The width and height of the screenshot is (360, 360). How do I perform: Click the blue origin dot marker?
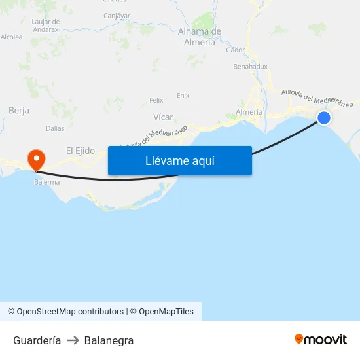(323, 118)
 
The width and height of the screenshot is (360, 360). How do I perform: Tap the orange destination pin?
(35, 158)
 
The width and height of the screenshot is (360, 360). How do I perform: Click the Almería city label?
(249, 112)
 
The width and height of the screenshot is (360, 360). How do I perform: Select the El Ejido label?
(80, 151)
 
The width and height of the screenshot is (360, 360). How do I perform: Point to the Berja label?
(19, 111)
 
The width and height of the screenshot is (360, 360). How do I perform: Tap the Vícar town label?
(163, 117)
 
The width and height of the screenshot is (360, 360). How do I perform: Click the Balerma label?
(46, 182)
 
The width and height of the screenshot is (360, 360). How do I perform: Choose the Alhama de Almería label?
(200, 37)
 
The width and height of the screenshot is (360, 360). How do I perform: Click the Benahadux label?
(251, 67)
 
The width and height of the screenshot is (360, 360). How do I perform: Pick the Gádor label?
(235, 50)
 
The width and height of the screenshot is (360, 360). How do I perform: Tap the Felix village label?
(156, 100)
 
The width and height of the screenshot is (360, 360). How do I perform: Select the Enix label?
(183, 95)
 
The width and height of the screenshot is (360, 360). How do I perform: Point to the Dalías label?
(55, 128)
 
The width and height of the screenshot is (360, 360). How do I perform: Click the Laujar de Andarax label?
(46, 26)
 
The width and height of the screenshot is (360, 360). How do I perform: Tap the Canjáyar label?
(117, 15)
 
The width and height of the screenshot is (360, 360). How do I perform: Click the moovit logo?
(320, 340)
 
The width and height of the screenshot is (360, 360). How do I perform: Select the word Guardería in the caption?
(37, 340)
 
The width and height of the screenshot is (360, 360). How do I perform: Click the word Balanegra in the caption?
(109, 340)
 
